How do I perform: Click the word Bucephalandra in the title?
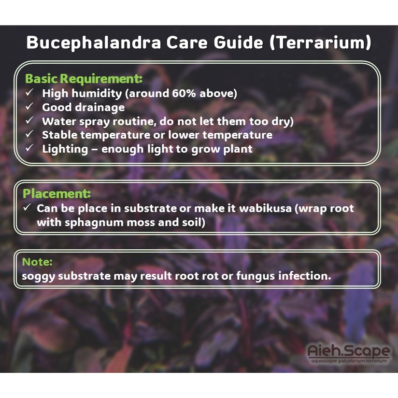94,42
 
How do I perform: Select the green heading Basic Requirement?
84,79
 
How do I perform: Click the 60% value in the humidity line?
184,93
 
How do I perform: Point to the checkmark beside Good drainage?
29,106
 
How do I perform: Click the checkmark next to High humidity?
29,92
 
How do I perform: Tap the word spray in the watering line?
94,122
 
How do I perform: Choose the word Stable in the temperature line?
59,135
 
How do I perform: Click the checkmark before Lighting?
29,147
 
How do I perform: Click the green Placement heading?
57,193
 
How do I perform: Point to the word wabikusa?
266,208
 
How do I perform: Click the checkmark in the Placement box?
27,207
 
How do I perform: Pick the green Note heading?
37,262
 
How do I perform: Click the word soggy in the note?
38,276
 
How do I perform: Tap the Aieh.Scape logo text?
349,351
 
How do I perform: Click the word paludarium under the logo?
352,361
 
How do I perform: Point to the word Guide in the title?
239,42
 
